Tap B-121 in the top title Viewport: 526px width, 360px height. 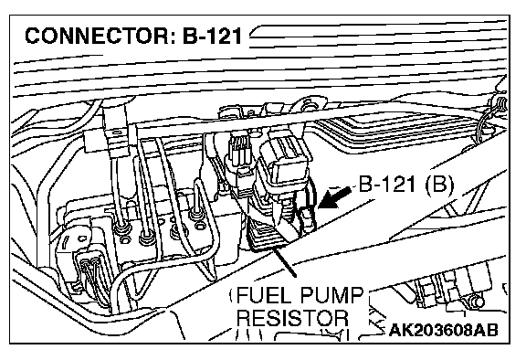click(212, 36)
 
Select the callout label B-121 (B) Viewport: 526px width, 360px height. click(406, 185)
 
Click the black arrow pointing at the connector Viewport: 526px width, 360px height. click(334, 197)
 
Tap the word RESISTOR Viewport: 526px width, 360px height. click(292, 318)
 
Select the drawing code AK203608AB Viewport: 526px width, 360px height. click(444, 330)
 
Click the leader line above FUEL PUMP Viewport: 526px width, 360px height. click(285, 260)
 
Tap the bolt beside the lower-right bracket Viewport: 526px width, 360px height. click(478, 302)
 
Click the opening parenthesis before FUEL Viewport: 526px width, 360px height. click(232, 295)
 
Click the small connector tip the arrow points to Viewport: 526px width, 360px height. click(307, 218)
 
